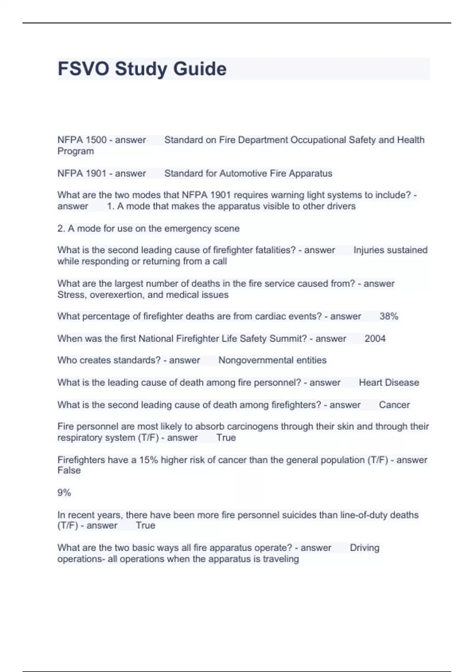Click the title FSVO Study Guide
tap(142, 69)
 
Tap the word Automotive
tap(243, 174)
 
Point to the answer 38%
tap(389, 316)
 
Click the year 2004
tap(375, 339)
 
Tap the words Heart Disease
tap(389, 383)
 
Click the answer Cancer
tap(394, 405)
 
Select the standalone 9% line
tap(64, 493)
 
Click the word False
tap(69, 470)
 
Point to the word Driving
tap(364, 548)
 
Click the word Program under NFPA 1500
tap(75, 151)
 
